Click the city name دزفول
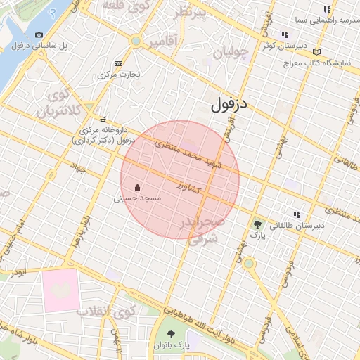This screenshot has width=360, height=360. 231,106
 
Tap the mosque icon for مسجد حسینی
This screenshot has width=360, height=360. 137,188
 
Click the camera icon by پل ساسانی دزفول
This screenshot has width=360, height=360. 38,34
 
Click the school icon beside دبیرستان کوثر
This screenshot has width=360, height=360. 284,34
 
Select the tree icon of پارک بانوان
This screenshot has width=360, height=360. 172,333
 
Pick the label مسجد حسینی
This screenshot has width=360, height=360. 138,199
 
